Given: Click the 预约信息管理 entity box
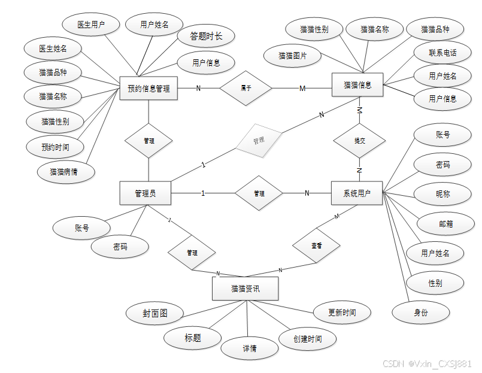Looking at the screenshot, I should click(x=148, y=89).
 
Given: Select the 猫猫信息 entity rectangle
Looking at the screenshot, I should click(x=357, y=85).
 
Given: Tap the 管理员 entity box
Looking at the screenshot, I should click(x=145, y=193).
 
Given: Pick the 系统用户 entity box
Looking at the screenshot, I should click(x=356, y=193).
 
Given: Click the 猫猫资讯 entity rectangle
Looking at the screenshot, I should click(x=245, y=289).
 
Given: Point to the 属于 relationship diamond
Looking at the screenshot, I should click(x=245, y=89).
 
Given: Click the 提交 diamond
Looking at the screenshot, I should click(x=359, y=141).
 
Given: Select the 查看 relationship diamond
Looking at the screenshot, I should click(x=316, y=246).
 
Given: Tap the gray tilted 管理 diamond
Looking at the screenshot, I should click(x=258, y=141).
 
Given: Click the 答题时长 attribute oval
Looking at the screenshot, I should click(x=206, y=37).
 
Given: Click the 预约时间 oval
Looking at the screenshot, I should click(x=54, y=147).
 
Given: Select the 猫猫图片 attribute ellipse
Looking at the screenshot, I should click(x=292, y=56).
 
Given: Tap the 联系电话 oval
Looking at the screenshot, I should click(x=442, y=53).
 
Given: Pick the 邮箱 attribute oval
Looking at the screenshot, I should click(x=443, y=223).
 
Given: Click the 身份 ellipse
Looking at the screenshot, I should click(x=421, y=312).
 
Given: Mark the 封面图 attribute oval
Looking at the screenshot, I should click(x=154, y=313).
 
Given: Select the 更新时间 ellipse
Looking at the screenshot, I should click(x=342, y=313).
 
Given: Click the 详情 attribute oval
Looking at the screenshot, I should click(x=250, y=348).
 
